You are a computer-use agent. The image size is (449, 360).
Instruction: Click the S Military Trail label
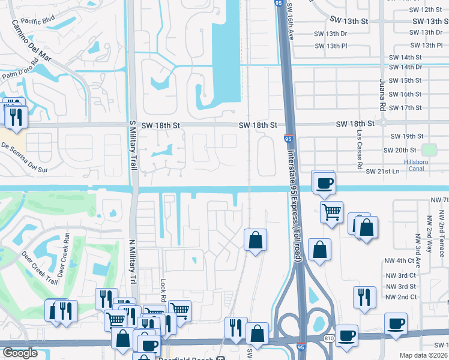coord(133,144)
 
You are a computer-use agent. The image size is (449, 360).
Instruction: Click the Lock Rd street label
coord(163,290)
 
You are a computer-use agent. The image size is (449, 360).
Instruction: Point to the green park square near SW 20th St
coord(429,149)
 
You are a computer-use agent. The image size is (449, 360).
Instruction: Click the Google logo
coord(20,353)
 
